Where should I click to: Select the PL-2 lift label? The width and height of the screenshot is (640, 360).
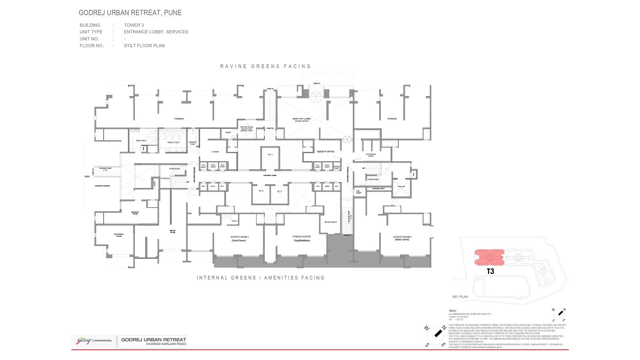pos(261,191)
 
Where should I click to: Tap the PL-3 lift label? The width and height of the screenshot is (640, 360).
pos(280,192)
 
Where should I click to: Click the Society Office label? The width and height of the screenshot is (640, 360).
pos(326,152)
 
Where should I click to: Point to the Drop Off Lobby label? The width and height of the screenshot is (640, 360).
pos(302,119)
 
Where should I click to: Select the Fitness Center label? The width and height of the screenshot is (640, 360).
pos(302,237)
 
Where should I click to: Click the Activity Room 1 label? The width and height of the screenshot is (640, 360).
pos(240,237)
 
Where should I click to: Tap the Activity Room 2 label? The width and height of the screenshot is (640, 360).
pos(402,237)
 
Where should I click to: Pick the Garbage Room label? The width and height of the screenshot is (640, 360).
pos(135,213)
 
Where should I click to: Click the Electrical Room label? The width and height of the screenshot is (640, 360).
pos(119,235)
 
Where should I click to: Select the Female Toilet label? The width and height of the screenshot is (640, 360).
pos(173,142)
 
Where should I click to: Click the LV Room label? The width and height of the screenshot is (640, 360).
pos(215,152)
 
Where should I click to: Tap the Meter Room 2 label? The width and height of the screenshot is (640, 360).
pos(331,222)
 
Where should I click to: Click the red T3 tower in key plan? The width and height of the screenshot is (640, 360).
pos(490,258)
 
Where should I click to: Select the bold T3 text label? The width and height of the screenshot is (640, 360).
pos(490,271)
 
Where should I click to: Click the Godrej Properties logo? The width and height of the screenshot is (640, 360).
pos(94,341)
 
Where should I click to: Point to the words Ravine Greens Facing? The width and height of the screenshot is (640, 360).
pos(266,66)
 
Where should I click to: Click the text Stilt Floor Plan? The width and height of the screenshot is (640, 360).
pos(144,46)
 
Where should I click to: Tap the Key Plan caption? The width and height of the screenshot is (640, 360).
pos(460,297)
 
